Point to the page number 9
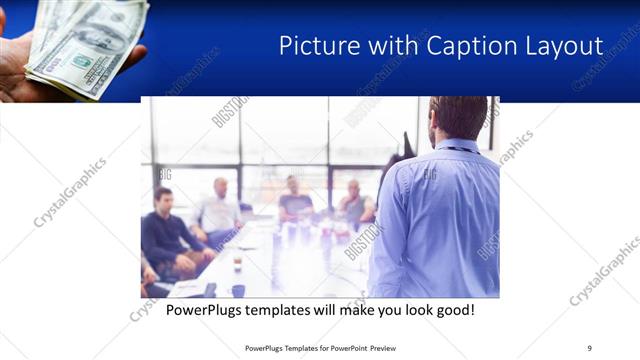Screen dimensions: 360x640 [589, 348]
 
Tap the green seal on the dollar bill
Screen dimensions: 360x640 [81, 61]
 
